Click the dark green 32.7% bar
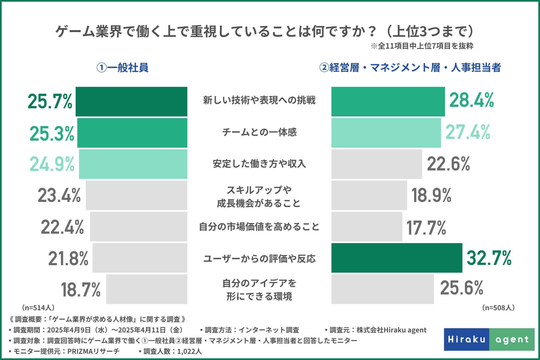tap(397, 258)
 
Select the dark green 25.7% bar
tap(131, 102)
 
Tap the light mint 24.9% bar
tap(133, 164)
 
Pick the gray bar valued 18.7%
tap(147, 289)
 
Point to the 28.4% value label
tap(471, 100)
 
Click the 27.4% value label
tap(467, 132)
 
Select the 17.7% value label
tap(426, 228)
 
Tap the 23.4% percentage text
tap(59, 196)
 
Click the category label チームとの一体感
tap(259, 132)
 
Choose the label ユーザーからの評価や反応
tap(259, 258)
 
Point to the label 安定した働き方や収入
tap(259, 164)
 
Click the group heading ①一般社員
tap(122, 68)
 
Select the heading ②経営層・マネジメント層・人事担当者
tap(410, 68)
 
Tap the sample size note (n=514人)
tap(38, 308)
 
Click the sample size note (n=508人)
tap(498, 308)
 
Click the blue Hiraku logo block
tap(467, 339)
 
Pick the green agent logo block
tap(512, 339)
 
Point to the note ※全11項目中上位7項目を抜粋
tap(422, 46)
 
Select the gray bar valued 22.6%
tap(377, 164)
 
